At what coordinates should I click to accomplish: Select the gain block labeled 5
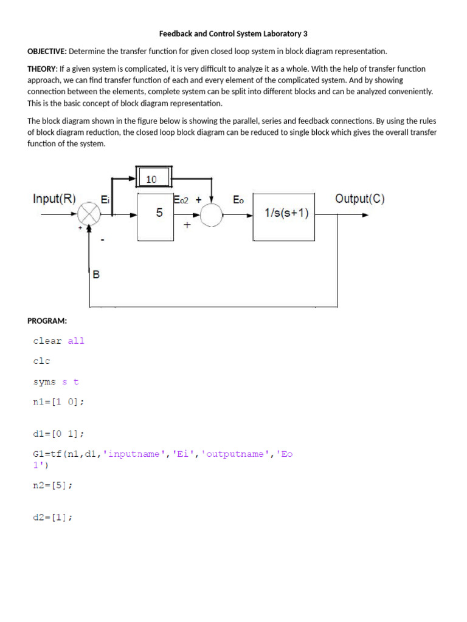pos(159,214)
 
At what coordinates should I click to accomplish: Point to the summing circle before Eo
pos(210,214)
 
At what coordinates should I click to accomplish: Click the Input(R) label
pos(55,199)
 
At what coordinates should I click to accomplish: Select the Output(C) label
pos(359,199)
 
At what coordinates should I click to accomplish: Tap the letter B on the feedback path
pos(96,275)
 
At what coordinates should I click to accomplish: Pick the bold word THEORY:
pos(43,69)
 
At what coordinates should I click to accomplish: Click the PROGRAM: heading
pos(47,320)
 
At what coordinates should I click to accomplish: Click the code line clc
pos(41,361)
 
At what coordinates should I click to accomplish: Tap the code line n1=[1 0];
pos(58,402)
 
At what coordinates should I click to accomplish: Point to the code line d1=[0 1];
pos(58,434)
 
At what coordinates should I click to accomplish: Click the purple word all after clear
pos(76,341)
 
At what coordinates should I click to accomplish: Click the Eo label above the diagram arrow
pos(238,199)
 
